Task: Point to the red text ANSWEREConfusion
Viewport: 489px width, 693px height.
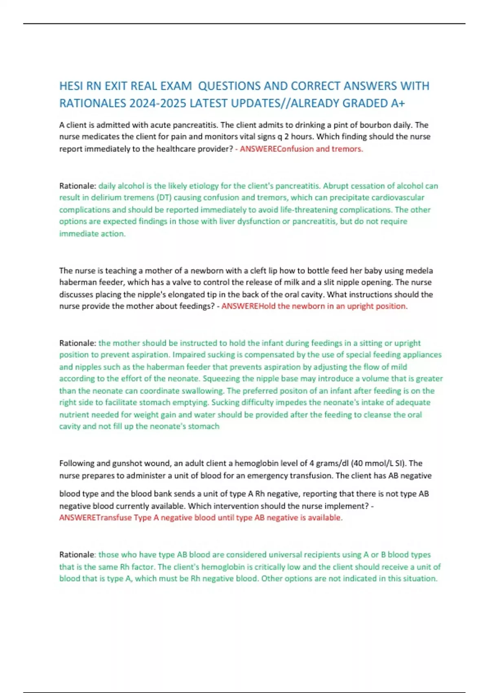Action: pos(277,149)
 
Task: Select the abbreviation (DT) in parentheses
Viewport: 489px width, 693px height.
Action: pos(165,198)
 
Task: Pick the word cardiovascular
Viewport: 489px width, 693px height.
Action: pos(398,198)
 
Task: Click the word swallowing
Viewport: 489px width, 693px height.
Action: pos(203,391)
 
